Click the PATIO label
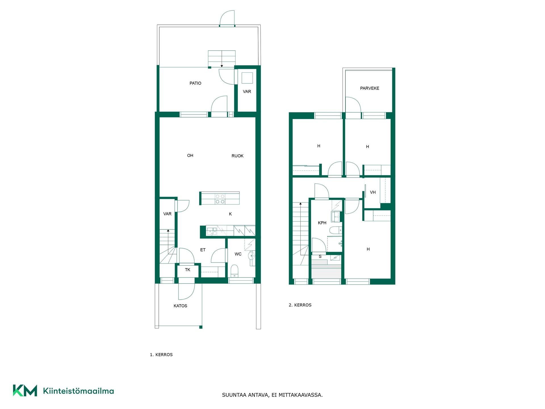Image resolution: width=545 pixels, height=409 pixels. pos(195,83)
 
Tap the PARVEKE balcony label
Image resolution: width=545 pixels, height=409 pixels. pos(370,88)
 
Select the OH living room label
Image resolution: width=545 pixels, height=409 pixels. pos(190,155)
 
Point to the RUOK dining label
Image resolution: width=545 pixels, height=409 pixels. pos(237,156)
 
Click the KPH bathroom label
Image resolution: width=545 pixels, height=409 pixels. pos(322,223)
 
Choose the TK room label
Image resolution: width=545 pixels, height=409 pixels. pos(188,270)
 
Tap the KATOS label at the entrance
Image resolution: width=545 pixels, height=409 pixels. pos(180,306)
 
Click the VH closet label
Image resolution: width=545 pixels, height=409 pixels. pos(373,192)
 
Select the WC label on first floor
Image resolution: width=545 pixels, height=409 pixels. pos(238,254)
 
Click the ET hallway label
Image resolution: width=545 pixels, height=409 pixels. pos(203,250)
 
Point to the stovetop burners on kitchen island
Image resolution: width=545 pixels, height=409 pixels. pos(220,199)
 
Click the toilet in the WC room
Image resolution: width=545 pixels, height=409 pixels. pos(234,271)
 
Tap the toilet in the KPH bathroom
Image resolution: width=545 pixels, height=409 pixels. pos(336,230)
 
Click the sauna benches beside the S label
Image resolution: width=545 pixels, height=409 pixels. pos(326,272)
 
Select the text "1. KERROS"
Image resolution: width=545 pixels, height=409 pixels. pos(161,355)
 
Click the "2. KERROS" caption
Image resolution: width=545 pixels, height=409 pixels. pos(300,305)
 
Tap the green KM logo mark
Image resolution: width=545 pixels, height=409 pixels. pos(25,391)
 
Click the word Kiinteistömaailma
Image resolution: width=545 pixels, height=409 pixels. pos(78,391)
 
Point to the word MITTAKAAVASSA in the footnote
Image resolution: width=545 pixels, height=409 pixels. pos(301,395)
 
